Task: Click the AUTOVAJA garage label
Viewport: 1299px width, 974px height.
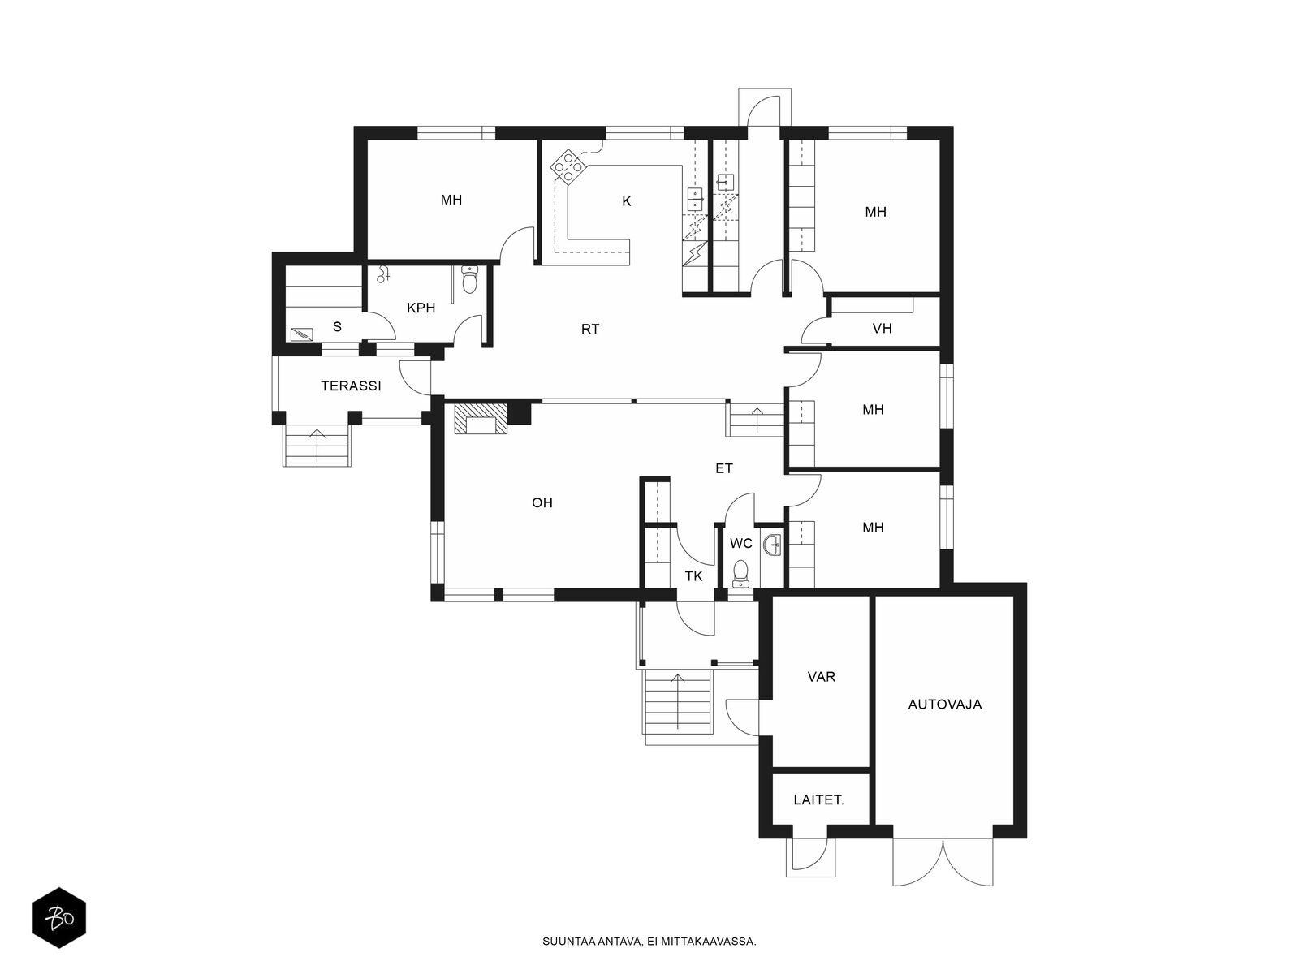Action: pyautogui.click(x=944, y=705)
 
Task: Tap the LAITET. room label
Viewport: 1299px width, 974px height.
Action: pyautogui.click(x=818, y=800)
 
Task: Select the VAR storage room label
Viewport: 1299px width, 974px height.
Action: pyautogui.click(x=822, y=677)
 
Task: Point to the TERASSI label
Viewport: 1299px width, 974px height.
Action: pyautogui.click(x=351, y=386)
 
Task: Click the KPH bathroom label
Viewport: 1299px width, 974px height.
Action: pyautogui.click(x=421, y=308)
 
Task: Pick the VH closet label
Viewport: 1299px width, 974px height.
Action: pyautogui.click(x=882, y=328)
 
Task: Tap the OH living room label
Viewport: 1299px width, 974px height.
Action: pyautogui.click(x=542, y=502)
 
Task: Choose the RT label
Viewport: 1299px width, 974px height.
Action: pyautogui.click(x=590, y=330)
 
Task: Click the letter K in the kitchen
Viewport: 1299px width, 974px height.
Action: pyautogui.click(x=626, y=201)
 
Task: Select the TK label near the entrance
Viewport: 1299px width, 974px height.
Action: pyautogui.click(x=693, y=576)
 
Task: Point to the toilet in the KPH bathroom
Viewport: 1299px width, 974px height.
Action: pyautogui.click(x=469, y=280)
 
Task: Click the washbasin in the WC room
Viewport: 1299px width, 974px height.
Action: pyautogui.click(x=772, y=544)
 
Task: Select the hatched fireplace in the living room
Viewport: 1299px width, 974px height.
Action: pyautogui.click(x=481, y=420)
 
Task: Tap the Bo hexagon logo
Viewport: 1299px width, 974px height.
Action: pyautogui.click(x=59, y=919)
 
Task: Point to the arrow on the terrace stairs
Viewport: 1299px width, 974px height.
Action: pyautogui.click(x=317, y=446)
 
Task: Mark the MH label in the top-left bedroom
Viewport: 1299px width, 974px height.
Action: pyautogui.click(x=451, y=200)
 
